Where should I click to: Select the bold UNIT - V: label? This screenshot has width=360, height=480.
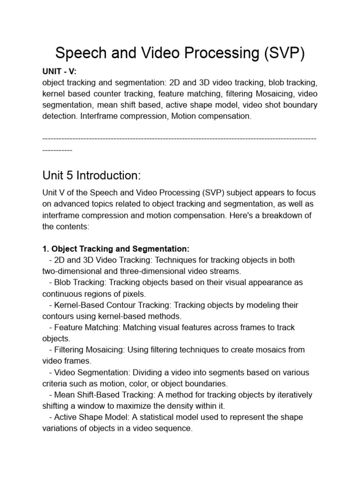[59, 71]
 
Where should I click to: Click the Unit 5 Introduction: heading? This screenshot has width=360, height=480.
[91, 175]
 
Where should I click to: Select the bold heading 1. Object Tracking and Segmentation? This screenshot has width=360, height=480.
[116, 248]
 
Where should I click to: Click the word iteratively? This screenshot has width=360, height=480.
[294, 395]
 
